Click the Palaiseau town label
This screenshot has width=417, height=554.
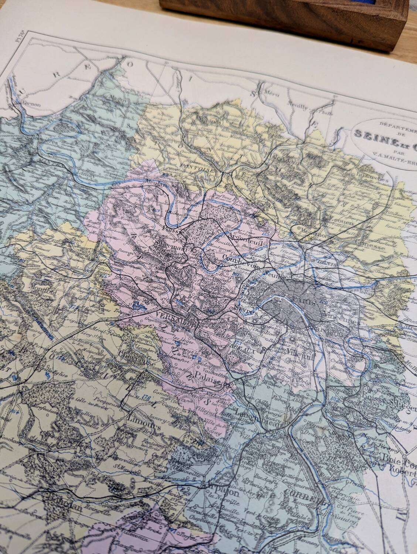click(x=205, y=377)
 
